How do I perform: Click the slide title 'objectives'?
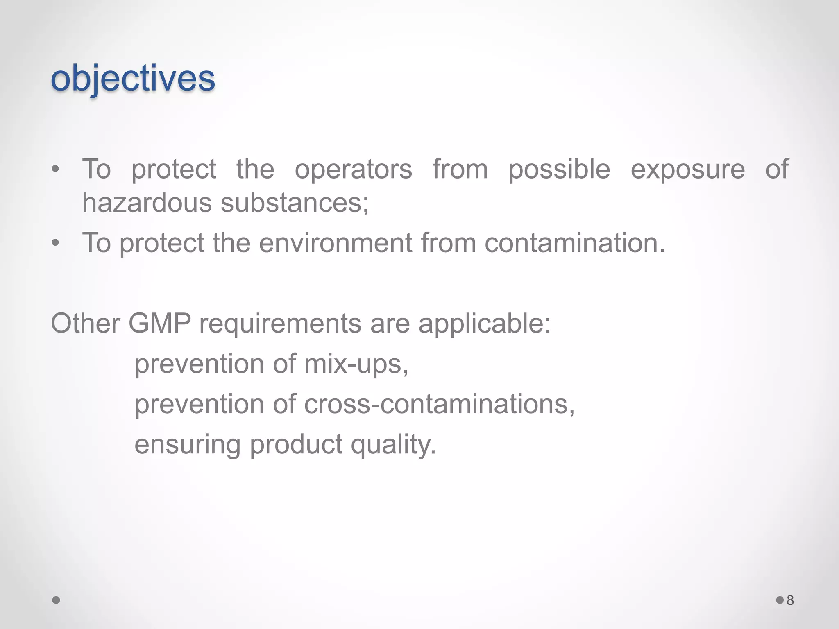[133, 79]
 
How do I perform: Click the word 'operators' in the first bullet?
[353, 169]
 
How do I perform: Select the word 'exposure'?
[687, 169]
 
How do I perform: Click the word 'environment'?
[336, 243]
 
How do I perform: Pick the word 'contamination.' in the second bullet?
[575, 243]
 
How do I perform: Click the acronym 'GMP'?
[160, 324]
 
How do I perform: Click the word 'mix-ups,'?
[356, 364]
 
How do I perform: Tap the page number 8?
[790, 600]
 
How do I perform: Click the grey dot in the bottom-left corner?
[57, 600]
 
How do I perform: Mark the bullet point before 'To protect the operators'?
[56, 169]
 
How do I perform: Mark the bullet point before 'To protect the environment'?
[56, 243]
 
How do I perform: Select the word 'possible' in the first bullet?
[559, 169]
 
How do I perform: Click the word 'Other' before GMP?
[85, 324]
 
